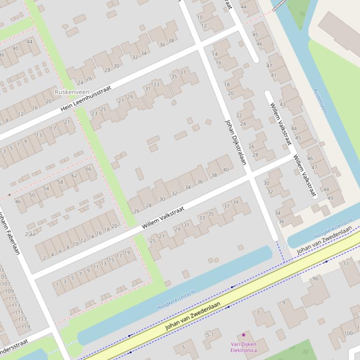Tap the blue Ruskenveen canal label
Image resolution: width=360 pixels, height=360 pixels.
pyautogui.click(x=320, y=101)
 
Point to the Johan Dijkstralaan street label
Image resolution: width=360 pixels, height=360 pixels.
pyautogui.click(x=236, y=142)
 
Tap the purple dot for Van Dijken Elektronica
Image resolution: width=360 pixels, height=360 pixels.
pyautogui.click(x=244, y=335)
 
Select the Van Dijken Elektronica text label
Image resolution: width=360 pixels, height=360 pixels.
pyautogui.click(x=243, y=347)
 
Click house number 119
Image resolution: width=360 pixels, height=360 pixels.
pyautogui.click(x=25, y=327)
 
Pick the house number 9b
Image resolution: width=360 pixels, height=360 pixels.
pyautogui.click(x=315, y=279)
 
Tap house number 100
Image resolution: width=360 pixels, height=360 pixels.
pyautogui.click(x=348, y=333)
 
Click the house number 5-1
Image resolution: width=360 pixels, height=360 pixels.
pyautogui.click(x=210, y=335)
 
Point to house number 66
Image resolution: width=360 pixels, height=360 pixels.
pyautogui.click(x=88, y=169)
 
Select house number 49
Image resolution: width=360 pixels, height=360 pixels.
pyautogui.click(x=331, y=198)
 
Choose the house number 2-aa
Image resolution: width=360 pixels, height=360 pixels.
pyautogui.click(x=30, y=234)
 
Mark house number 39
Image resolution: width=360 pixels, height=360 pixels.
pyautogui.click(x=235, y=202)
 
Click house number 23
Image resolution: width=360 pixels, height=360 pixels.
pyautogui.click(x=94, y=113)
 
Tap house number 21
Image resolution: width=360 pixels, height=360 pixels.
pyautogui.click(x=67, y=122)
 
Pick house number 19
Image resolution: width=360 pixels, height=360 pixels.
pyautogui.click(x=127, y=251)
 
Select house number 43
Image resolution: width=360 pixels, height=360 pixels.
pyautogui.click(x=282, y=104)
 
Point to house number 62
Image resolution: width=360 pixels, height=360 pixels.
pyautogui.click(x=74, y=175)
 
